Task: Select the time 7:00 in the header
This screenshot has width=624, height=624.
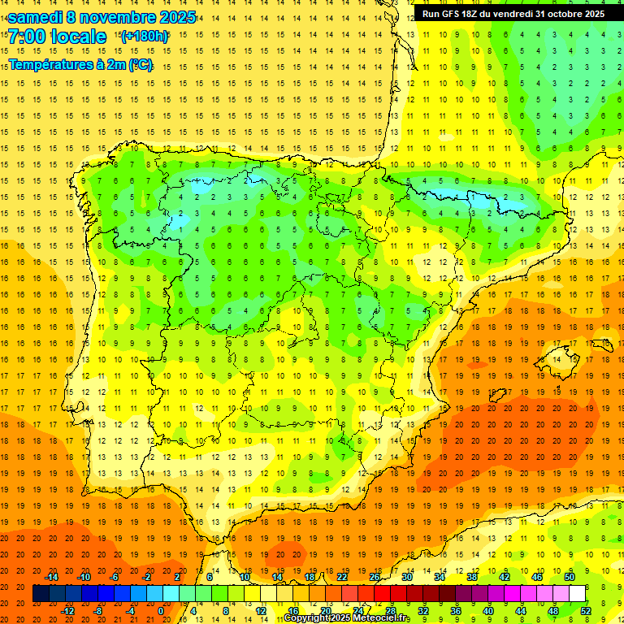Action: [27, 37]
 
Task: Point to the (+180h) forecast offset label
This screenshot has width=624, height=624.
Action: [145, 37]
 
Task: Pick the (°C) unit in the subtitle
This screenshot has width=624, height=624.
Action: [140, 64]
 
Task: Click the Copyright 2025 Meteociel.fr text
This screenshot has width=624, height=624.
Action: [347, 618]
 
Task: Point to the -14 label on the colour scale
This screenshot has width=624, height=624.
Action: [52, 577]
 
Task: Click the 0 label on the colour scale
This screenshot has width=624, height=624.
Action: [161, 611]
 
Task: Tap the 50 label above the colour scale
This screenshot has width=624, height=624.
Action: [570, 577]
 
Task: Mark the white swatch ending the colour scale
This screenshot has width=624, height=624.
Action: [578, 594]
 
